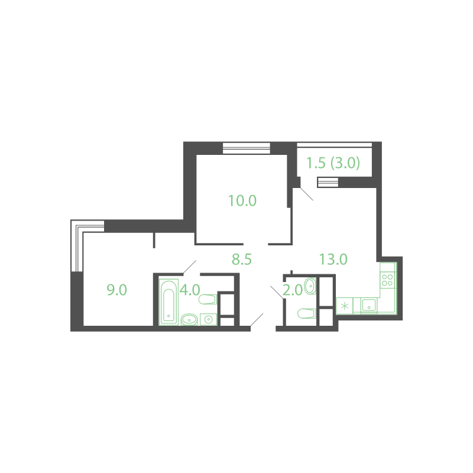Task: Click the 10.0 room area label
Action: [242, 200]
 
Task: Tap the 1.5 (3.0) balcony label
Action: [333, 163]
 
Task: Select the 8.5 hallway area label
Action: [242, 260]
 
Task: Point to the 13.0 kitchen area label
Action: [333, 259]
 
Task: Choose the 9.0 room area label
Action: [116, 290]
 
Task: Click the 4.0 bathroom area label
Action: [190, 290]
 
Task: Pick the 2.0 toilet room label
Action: [293, 290]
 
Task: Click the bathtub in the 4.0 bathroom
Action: [169, 302]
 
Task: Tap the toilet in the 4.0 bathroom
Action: [208, 299]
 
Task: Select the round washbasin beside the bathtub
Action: [189, 319]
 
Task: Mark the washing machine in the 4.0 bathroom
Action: [209, 319]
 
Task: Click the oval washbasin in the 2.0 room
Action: [310, 286]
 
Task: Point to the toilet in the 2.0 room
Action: [306, 313]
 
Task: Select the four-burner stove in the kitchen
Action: [388, 280]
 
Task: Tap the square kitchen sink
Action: [368, 306]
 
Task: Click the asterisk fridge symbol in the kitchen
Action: [345, 306]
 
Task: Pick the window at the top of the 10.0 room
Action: [247, 148]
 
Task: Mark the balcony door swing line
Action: [306, 194]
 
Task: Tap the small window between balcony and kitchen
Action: [328, 183]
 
